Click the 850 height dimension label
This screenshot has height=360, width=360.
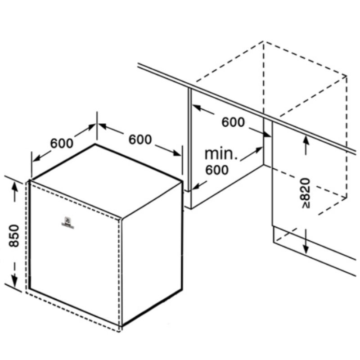pyautogui.click(x=14, y=235)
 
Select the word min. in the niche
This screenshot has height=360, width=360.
pyautogui.click(x=221, y=154)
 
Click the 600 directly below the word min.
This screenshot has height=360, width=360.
pyautogui.click(x=217, y=170)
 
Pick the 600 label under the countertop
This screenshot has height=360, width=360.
pyautogui.click(x=233, y=122)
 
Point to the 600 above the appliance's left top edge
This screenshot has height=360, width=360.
pyautogui.click(x=62, y=143)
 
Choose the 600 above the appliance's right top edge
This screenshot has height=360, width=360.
pyautogui.click(x=140, y=140)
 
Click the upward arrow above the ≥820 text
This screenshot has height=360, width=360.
pyautogui.click(x=306, y=140)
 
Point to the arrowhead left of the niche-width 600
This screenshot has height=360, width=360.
pyautogui.click(x=197, y=108)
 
